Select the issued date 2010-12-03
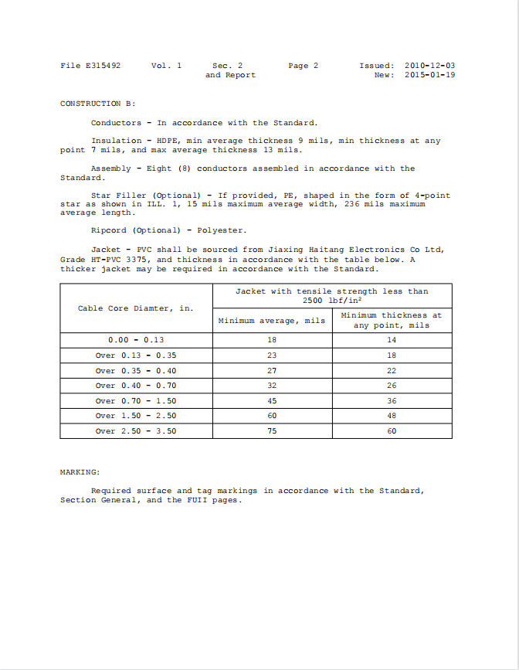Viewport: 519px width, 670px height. tap(429, 66)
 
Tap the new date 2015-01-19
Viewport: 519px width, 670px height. tap(429, 75)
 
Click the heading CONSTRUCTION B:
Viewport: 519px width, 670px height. tap(97, 104)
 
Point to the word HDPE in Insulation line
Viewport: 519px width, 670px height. tap(169, 141)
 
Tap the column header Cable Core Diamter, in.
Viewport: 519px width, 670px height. tap(136, 308)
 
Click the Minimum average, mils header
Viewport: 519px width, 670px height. tap(272, 320)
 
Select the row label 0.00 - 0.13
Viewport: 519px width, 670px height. tap(136, 340)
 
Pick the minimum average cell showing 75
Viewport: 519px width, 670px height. tap(272, 431)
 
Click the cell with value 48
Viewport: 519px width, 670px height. tap(392, 416)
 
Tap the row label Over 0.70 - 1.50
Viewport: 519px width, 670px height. tap(136, 401)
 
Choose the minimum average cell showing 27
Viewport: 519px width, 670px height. tap(272, 370)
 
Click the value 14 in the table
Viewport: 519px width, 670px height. tap(392, 340)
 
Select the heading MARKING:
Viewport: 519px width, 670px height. tap(80, 471)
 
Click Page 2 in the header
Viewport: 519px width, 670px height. tap(303, 66)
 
